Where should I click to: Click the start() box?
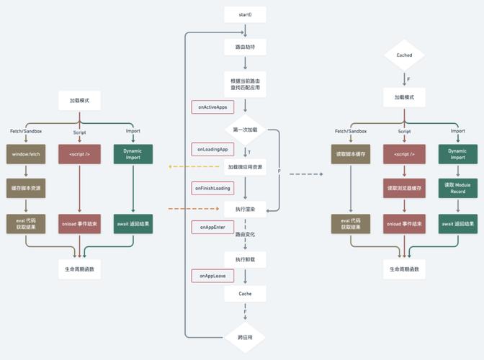click(246, 14)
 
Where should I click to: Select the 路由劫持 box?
click(246, 47)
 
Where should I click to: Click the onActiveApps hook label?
click(211, 107)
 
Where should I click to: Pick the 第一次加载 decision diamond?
click(246, 129)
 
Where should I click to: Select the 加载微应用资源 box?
click(246, 166)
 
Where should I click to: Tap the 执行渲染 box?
click(246, 209)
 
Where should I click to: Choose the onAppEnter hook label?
click(210, 227)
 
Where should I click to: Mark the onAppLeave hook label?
click(210, 276)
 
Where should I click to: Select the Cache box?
click(246, 294)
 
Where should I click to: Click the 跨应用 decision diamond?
click(246, 336)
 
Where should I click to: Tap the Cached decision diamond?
click(404, 55)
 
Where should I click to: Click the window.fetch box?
click(26, 153)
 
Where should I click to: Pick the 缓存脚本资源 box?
click(26, 188)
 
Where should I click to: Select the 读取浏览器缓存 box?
click(404, 188)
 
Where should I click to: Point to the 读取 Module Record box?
click(458, 188)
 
